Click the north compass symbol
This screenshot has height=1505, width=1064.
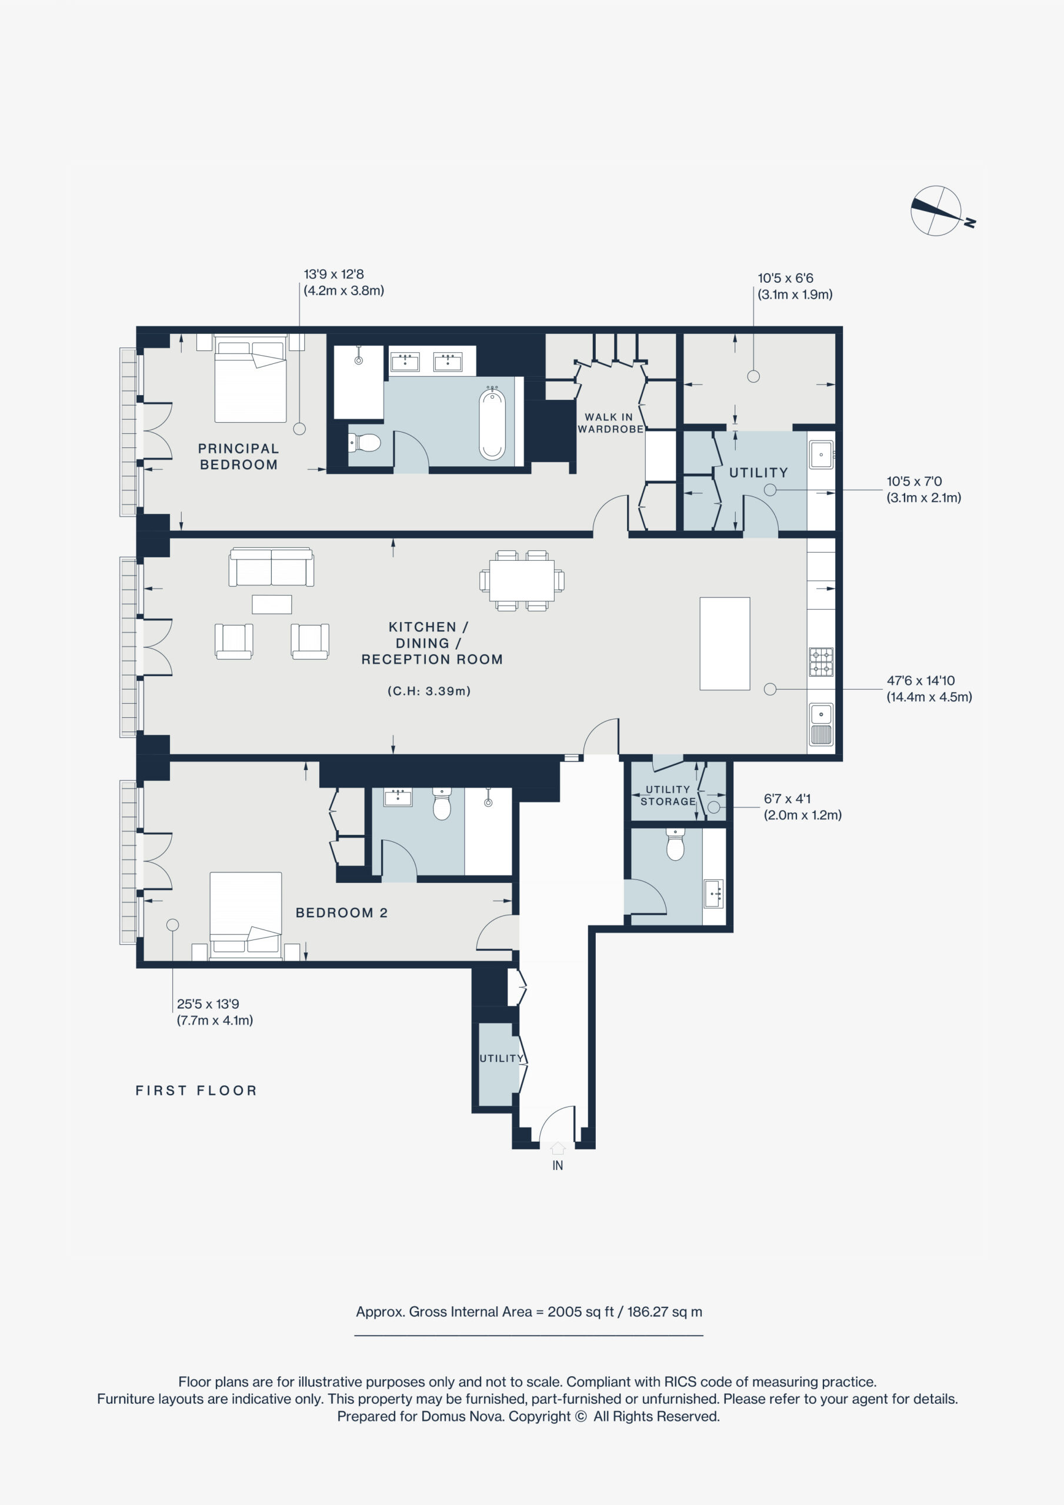point(940,211)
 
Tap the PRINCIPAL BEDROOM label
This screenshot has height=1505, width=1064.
point(239,456)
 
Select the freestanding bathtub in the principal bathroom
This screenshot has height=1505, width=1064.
point(492,423)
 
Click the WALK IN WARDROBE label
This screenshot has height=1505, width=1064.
point(610,423)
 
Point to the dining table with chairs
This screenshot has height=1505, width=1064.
point(522,581)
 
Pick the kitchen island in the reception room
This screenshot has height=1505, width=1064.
point(724,644)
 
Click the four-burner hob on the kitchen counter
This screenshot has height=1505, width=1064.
point(820,662)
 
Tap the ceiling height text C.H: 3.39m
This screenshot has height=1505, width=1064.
point(429,691)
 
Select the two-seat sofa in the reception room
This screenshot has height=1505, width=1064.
point(271,567)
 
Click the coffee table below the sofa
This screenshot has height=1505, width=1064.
point(272,604)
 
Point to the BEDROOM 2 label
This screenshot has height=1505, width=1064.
point(342,912)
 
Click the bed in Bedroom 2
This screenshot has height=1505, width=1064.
point(245,916)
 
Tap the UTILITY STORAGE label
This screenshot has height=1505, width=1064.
point(668,795)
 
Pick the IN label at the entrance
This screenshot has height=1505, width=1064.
point(558,1165)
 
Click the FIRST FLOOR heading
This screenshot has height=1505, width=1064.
point(196,1090)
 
